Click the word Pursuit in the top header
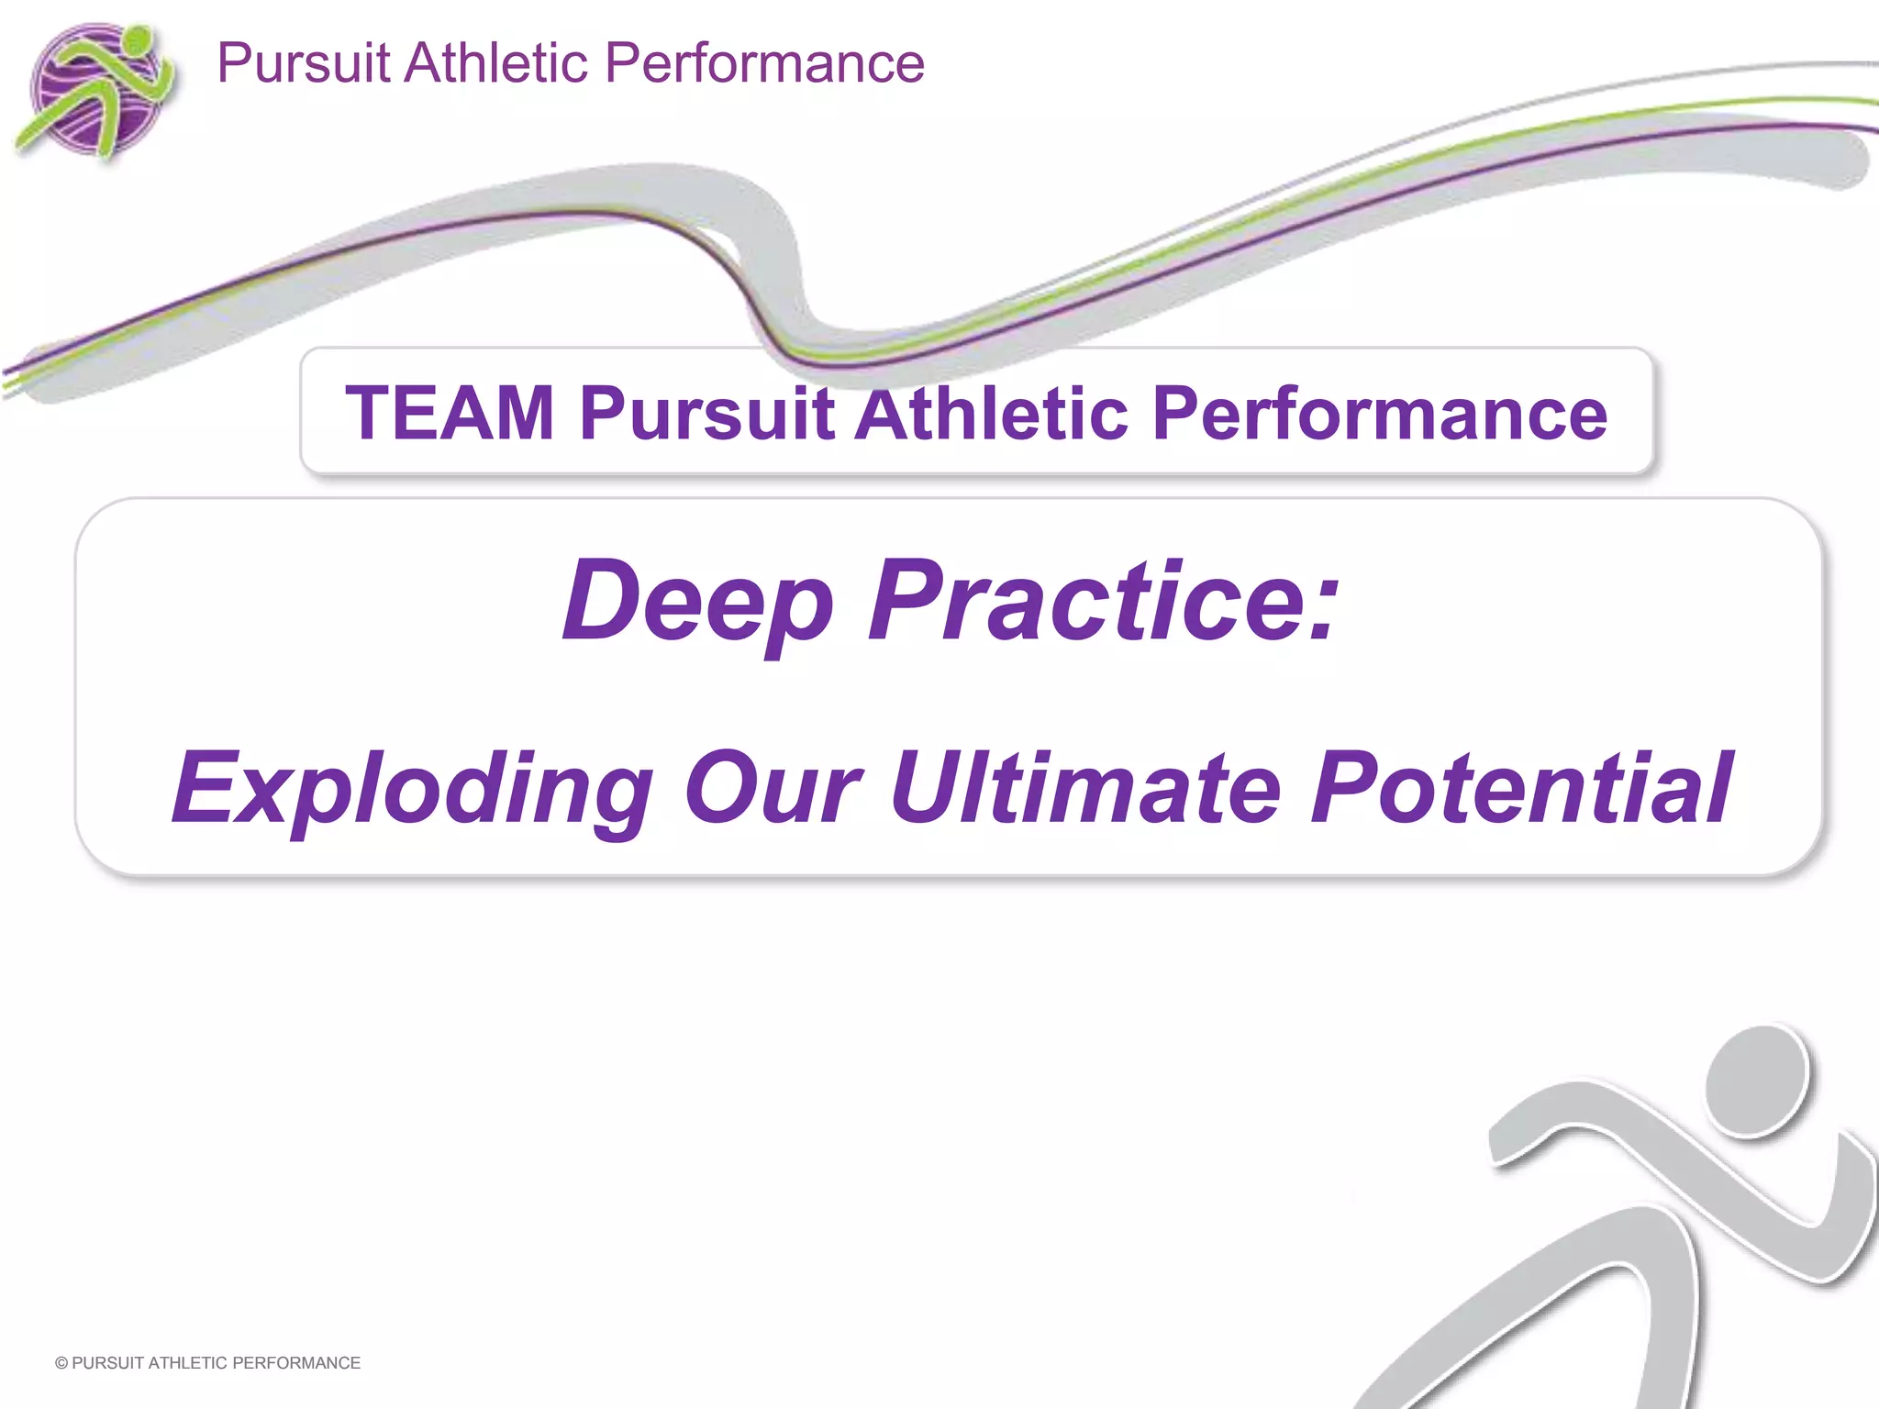pyautogui.click(x=304, y=64)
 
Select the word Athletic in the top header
pyautogui.click(x=495, y=64)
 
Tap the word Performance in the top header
pyautogui.click(x=763, y=64)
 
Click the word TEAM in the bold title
pyautogui.click(x=450, y=414)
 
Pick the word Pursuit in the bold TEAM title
pyautogui.click(x=706, y=414)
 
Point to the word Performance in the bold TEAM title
pyautogui.click(x=1379, y=414)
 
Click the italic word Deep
pyautogui.click(x=697, y=601)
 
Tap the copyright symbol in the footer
pyautogui.click(x=61, y=1363)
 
